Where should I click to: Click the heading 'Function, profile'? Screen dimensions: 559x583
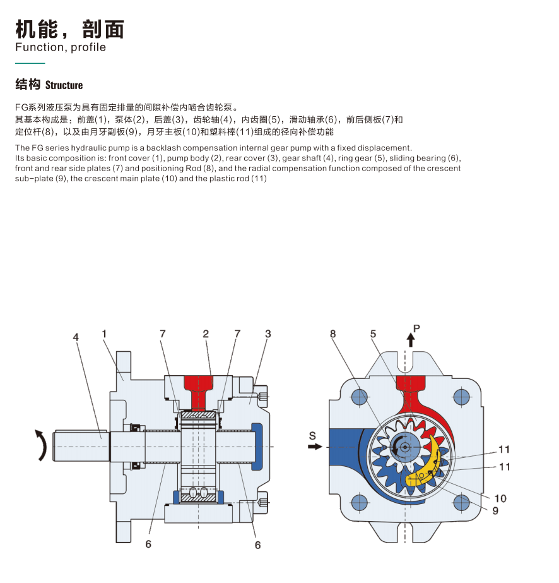61,47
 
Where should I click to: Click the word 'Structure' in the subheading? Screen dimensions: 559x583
64,85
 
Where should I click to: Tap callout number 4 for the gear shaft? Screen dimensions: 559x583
76,337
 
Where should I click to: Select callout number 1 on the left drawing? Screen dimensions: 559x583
104,334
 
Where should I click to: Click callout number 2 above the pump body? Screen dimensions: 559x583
206,334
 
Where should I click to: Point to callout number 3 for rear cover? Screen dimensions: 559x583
268,334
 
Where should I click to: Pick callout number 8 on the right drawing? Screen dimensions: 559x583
332,334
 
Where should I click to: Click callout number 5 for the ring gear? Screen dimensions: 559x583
374,334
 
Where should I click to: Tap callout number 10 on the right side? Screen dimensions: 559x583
500,498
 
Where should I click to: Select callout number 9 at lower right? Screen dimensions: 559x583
495,511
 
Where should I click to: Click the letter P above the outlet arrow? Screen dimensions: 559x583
416,328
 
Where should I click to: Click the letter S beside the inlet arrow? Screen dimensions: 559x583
312,436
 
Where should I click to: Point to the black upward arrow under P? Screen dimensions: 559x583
411,340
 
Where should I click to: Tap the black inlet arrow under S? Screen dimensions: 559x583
315,446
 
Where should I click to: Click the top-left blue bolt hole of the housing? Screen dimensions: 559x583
359,397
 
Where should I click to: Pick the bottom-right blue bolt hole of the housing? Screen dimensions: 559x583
462,503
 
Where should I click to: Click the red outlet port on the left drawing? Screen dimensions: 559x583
198,392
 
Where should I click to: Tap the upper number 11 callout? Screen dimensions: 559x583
504,450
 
